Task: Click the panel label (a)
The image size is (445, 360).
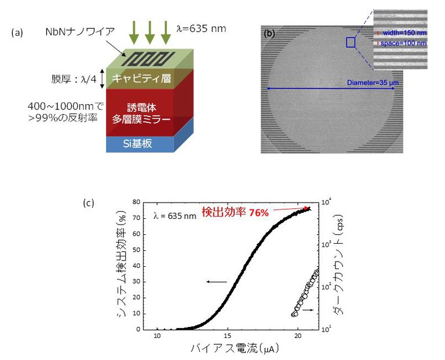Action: pos(17,33)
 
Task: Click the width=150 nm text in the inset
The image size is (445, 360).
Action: pos(403,33)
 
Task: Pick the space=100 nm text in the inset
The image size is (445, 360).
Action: pos(403,43)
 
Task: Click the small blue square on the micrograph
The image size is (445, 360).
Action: pos(350,42)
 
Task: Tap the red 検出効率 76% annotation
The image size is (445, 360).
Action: pos(235,212)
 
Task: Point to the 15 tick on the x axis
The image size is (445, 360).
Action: pos(228,336)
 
